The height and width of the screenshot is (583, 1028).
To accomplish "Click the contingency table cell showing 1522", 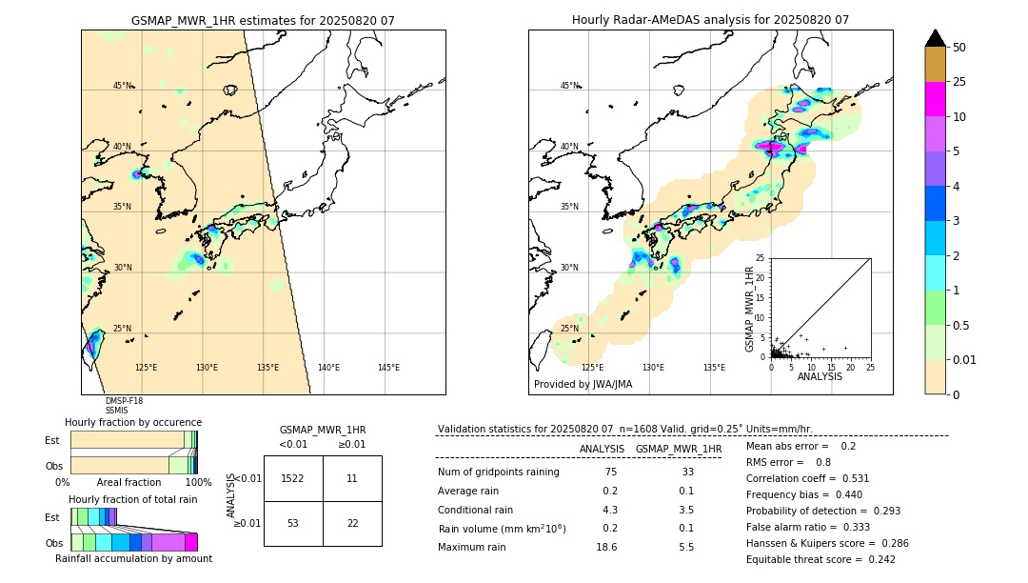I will pyautogui.click(x=292, y=478).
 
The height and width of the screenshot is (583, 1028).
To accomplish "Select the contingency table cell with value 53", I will pyautogui.click(x=292, y=523).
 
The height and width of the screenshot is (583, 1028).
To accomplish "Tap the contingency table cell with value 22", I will pyautogui.click(x=352, y=523).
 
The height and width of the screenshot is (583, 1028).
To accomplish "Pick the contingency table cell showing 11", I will pyautogui.click(x=352, y=478).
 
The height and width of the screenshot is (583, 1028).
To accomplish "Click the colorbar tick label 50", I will pyautogui.click(x=959, y=48).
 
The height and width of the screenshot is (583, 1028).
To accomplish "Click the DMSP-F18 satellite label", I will pyautogui.click(x=124, y=401).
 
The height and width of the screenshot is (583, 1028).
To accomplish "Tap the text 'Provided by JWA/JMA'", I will pyautogui.click(x=583, y=385).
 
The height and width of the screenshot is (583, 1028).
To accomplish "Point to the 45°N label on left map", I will pyautogui.click(x=122, y=86).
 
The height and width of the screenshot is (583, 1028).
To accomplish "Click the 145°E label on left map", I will pyautogui.click(x=388, y=368).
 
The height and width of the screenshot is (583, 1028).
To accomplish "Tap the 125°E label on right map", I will pyautogui.click(x=592, y=368).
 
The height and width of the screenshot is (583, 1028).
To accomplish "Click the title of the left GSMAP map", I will pyautogui.click(x=263, y=20).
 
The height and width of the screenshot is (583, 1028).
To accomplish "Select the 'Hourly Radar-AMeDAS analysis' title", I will pyautogui.click(x=710, y=20).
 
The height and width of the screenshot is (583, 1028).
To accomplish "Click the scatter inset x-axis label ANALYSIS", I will pyautogui.click(x=820, y=376).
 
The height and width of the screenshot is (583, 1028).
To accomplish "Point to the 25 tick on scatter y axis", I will pyautogui.click(x=761, y=258).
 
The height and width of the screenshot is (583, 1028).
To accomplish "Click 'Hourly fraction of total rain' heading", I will pyautogui.click(x=133, y=499).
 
